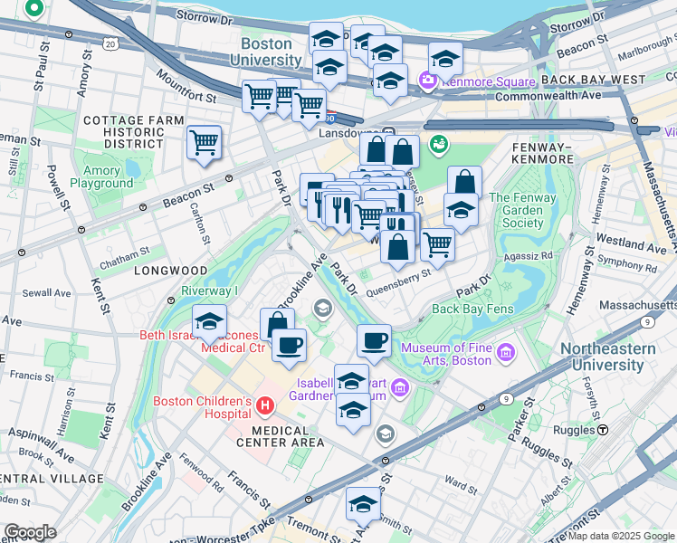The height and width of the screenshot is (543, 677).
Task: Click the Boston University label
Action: click(x=271, y=52)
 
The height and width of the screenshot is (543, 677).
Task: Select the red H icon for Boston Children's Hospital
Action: click(x=264, y=405)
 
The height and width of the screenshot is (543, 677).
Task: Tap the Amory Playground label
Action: click(x=101, y=176)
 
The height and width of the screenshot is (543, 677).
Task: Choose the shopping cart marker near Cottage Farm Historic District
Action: click(x=204, y=142)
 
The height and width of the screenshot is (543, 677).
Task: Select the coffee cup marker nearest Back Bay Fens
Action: click(x=374, y=341)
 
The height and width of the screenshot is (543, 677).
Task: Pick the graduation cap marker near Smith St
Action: click(x=363, y=503)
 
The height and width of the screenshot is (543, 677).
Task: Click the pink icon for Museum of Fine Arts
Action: click(x=505, y=351)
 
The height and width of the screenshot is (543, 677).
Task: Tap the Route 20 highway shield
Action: click(x=110, y=43)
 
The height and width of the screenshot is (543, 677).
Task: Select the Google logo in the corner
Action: click(x=31, y=532)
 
